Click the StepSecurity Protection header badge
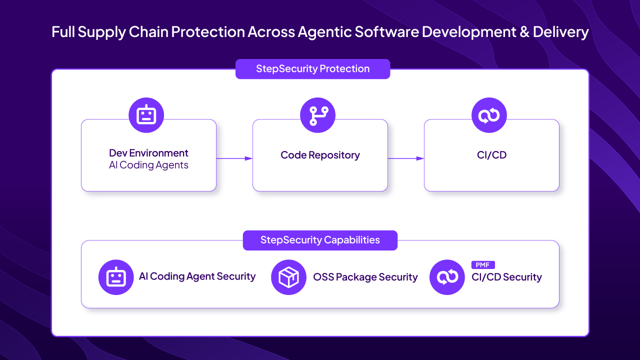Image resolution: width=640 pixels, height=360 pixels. tap(312, 69)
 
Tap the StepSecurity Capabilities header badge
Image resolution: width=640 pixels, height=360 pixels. tap(320, 240)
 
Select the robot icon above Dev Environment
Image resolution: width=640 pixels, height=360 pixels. tap(146, 115)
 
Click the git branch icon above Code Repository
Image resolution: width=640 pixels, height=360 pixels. tap(317, 115)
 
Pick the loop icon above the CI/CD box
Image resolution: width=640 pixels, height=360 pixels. tap(489, 115)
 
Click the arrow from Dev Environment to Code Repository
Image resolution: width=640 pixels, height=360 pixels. tap(234, 158)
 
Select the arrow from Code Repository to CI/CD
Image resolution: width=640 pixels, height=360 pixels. tap(405, 158)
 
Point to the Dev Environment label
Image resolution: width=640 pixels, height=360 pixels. tap(148, 153)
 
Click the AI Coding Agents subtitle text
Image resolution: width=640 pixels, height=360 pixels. tap(148, 165)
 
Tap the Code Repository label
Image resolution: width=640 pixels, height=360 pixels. tap(320, 155)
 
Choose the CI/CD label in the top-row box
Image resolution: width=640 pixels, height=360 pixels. tap(491, 155)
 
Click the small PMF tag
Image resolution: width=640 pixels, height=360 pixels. tap(482, 265)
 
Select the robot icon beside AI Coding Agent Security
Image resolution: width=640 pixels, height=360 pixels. tap(116, 277)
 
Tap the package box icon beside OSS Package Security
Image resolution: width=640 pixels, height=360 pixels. tap(288, 277)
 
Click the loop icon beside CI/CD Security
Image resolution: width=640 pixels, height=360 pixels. tap(447, 277)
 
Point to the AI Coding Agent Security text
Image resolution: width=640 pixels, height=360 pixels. tap(197, 276)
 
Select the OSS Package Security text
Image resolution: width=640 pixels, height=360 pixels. tap(365, 277)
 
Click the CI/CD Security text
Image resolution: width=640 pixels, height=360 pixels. tap(506, 277)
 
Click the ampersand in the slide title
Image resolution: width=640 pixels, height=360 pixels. tap(523, 32)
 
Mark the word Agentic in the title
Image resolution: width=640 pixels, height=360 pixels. tap(324, 32)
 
